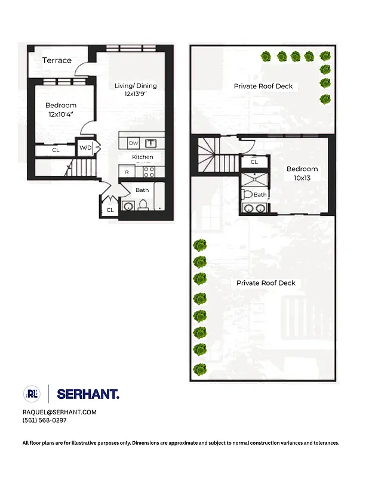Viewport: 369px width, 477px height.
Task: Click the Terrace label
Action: pos(57,60)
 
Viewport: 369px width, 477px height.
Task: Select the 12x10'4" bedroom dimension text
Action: pos(61,114)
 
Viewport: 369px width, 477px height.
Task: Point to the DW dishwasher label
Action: pos(133,143)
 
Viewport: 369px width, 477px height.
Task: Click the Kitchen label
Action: pos(143,157)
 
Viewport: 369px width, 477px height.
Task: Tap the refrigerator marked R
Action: pos(126,172)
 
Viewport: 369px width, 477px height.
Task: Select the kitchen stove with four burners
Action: pos(149,172)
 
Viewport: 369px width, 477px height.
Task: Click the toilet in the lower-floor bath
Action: pos(143,205)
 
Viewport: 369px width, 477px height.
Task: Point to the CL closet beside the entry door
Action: pos(110,210)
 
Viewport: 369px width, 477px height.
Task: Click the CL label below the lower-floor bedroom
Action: pos(56,150)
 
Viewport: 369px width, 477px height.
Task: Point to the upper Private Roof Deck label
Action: pos(263,86)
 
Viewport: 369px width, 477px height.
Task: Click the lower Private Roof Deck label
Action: pos(266,283)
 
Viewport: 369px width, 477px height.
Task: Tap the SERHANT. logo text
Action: pos(88,394)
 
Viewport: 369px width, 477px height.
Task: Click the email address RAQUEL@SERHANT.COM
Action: pos(59,412)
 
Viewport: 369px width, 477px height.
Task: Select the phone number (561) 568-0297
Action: pos(45,420)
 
